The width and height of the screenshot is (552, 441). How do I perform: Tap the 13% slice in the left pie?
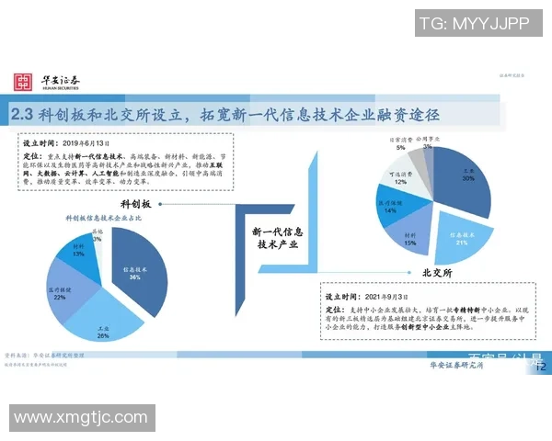click(x=80, y=254)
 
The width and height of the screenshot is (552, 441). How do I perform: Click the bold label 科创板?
click(x=137, y=202)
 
